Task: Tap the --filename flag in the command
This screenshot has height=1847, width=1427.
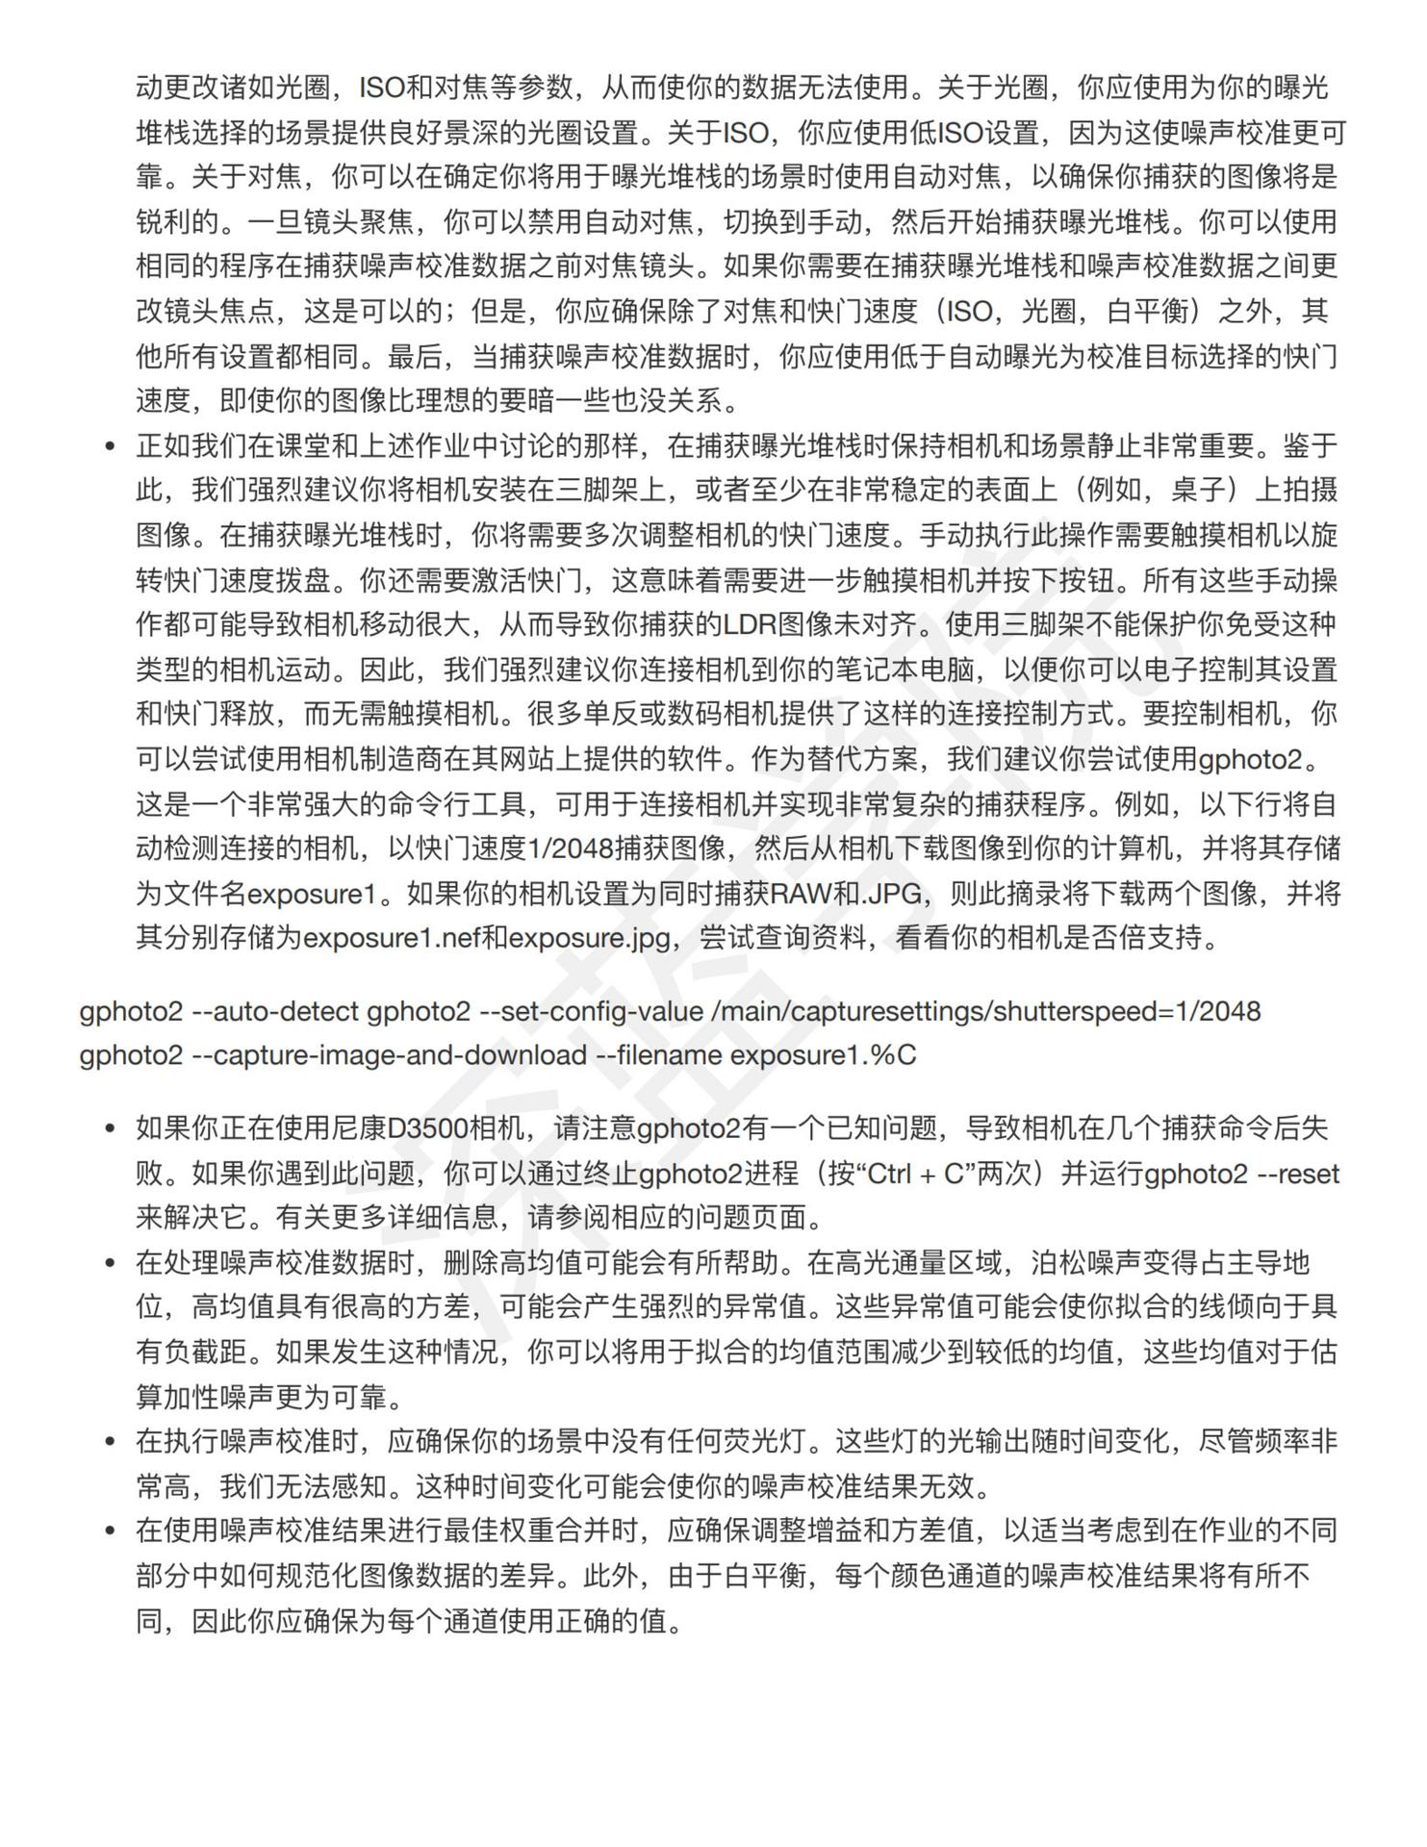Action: [x=659, y=1056]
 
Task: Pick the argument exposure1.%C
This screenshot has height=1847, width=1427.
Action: [x=824, y=1056]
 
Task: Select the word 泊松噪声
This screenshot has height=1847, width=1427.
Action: [x=1087, y=1263]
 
